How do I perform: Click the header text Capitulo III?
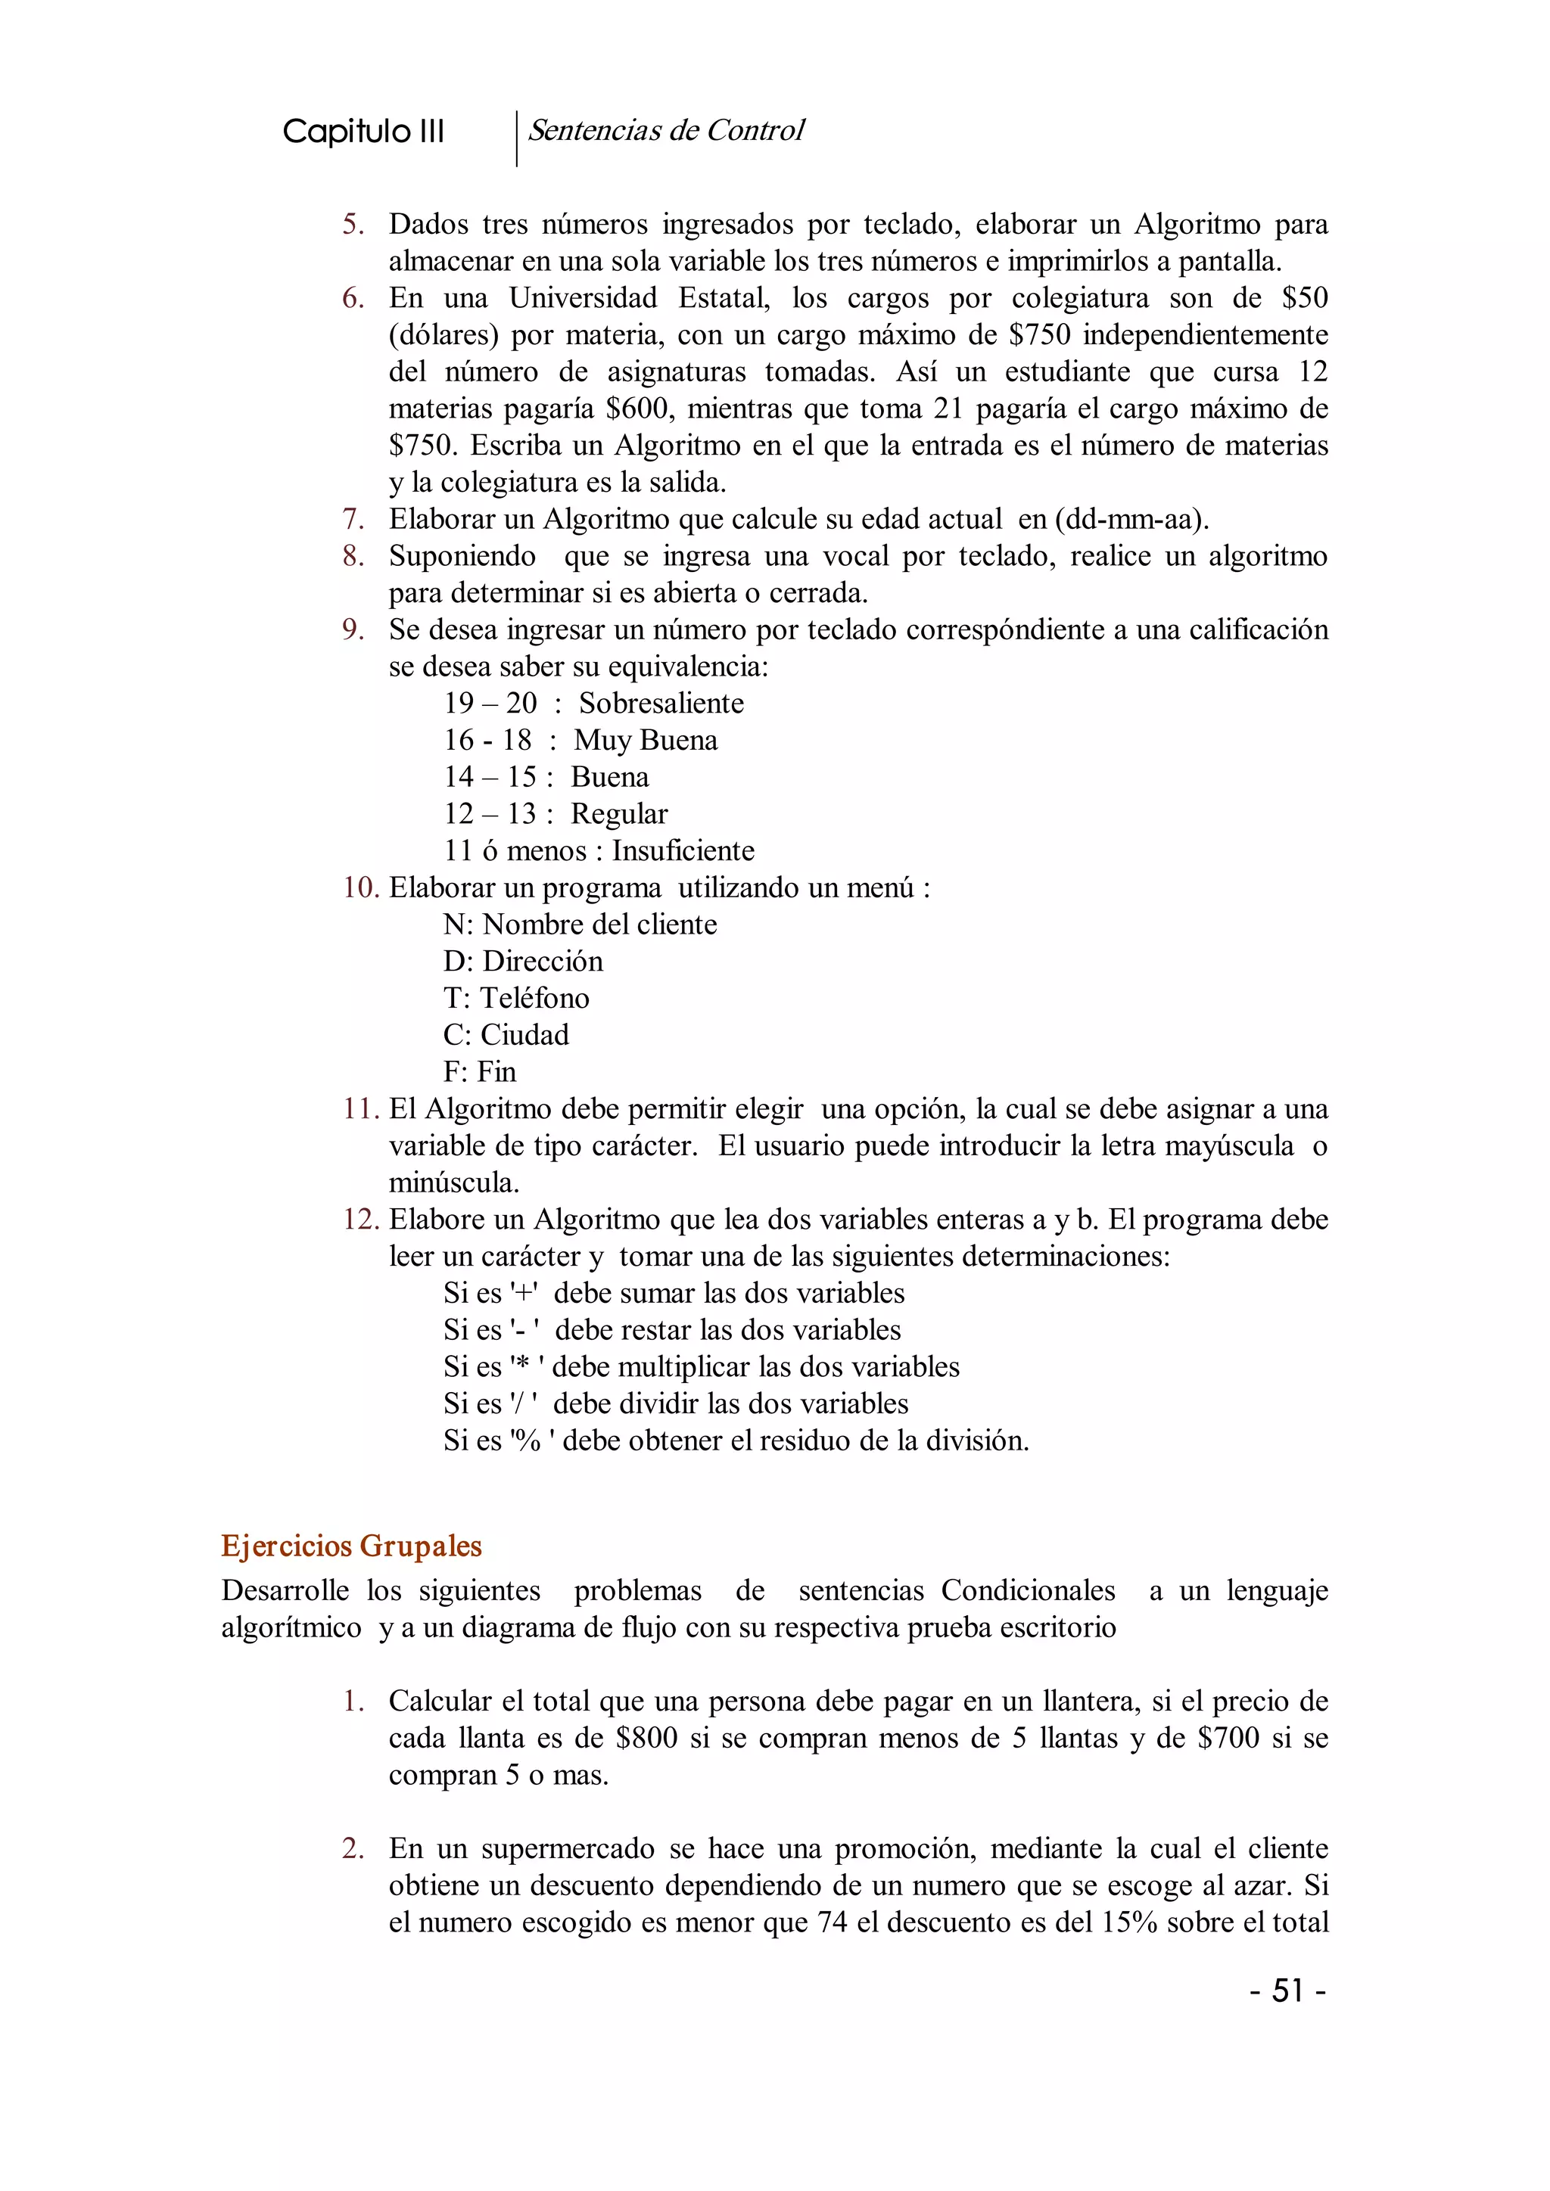click(x=363, y=132)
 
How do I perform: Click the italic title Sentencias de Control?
click(x=666, y=130)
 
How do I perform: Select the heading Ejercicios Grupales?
click(x=351, y=1545)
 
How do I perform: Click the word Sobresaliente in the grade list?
click(x=661, y=704)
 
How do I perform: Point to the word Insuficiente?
click(x=683, y=850)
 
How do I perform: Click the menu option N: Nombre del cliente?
click(x=579, y=924)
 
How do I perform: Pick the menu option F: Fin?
click(x=479, y=1071)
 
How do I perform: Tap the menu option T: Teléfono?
click(x=515, y=998)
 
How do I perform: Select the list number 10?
click(x=361, y=887)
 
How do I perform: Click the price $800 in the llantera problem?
click(x=646, y=1738)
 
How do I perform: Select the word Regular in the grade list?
click(x=618, y=814)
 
